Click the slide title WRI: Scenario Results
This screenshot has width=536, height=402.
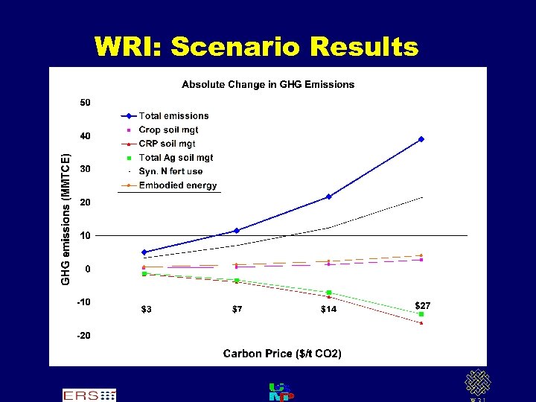pos(256,47)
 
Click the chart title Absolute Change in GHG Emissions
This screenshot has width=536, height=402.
pos(268,84)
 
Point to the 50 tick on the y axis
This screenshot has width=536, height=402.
pos(86,102)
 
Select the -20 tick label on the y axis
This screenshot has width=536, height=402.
pos(84,335)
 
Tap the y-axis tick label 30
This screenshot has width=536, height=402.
pos(86,169)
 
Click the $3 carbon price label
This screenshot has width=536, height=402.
pos(147,310)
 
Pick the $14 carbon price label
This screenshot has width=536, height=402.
pos(328,310)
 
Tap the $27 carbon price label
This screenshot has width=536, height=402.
pos(422,305)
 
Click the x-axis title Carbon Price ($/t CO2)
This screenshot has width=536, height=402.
pos(282,354)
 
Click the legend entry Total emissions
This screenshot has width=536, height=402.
pos(173,115)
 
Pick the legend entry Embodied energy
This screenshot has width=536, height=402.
pos(178,185)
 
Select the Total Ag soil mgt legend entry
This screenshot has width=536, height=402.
pos(176,157)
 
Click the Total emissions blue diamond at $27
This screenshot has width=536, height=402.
pos(421,139)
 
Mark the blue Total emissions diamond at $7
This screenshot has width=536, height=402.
pos(237,231)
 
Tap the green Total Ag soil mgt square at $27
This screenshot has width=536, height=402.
pos(421,314)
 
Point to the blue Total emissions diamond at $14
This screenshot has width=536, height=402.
pos(328,197)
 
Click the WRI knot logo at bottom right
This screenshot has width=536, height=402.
pos(478,383)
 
